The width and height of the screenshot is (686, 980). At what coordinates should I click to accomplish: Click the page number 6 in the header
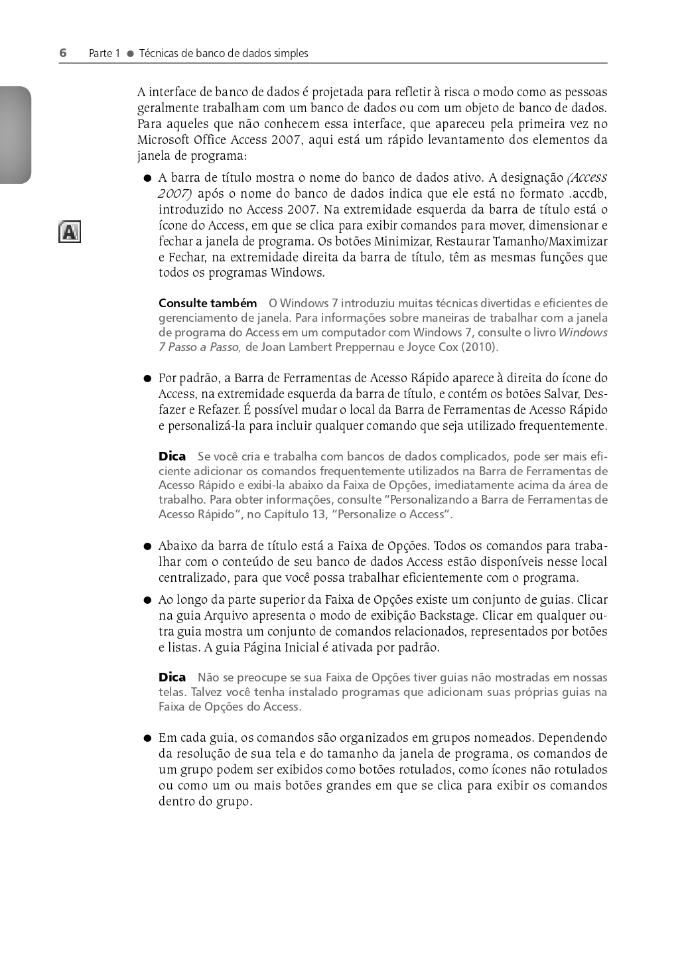63,53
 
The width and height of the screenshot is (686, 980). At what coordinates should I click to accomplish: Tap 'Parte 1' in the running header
104,54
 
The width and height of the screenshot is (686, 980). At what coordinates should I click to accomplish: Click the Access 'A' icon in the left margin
70,232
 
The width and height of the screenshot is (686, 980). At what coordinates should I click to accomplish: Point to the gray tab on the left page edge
15,135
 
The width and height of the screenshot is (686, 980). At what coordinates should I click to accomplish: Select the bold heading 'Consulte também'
208,303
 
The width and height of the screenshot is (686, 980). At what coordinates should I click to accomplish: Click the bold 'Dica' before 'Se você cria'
172,456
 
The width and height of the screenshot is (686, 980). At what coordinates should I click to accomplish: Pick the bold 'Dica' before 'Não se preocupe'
172,677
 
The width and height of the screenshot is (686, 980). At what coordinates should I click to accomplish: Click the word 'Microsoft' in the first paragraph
163,140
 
